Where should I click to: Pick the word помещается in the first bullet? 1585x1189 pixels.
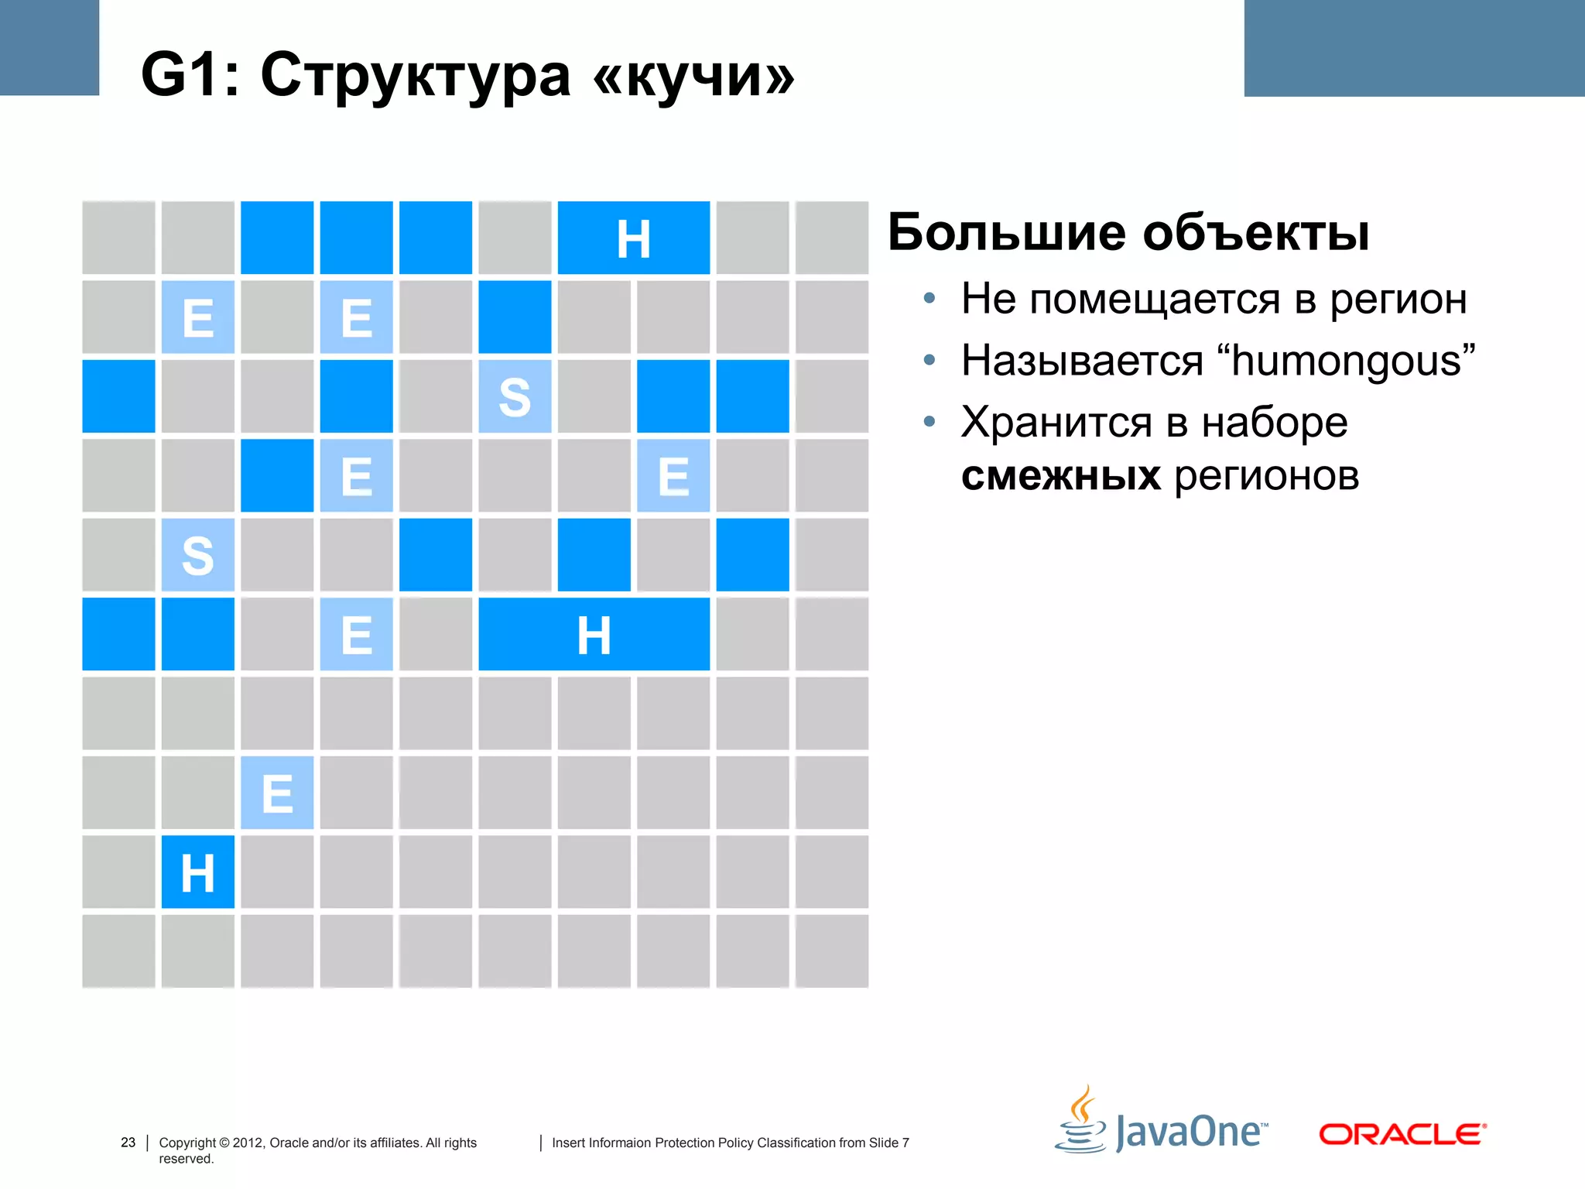(x=1155, y=300)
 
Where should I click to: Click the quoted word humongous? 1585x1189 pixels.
(x=1346, y=361)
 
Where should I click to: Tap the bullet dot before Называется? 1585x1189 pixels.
(x=929, y=360)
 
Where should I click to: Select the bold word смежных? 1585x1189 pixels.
(x=1060, y=475)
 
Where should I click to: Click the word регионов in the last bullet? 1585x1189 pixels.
(x=1266, y=475)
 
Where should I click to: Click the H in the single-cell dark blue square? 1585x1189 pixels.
(x=197, y=872)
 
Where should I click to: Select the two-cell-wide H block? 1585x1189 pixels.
(x=633, y=238)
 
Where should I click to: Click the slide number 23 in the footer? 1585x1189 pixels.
(x=128, y=1143)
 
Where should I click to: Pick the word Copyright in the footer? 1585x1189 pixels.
(x=187, y=1143)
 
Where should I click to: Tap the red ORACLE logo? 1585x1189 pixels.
(x=1402, y=1134)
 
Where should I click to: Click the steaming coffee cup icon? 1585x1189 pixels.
(x=1081, y=1121)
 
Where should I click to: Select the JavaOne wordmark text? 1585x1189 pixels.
(x=1191, y=1132)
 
